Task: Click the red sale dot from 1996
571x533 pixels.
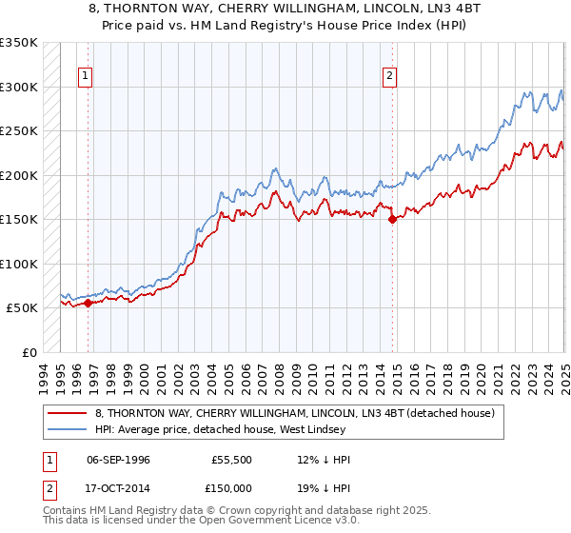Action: coord(88,304)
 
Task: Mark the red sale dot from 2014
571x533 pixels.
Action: coord(392,220)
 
